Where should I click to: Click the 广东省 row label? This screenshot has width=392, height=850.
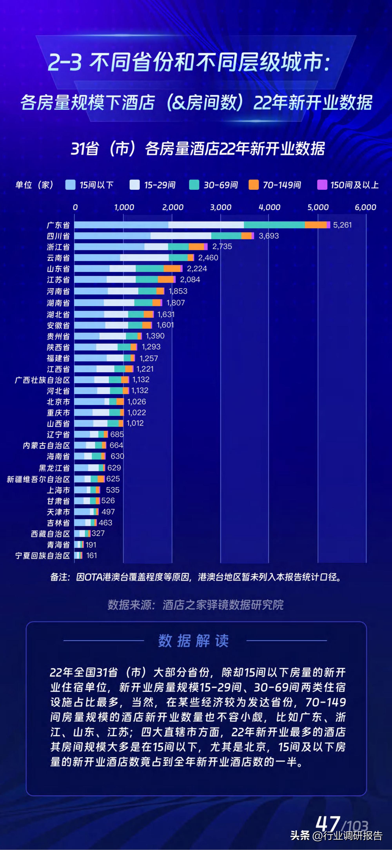click(58, 225)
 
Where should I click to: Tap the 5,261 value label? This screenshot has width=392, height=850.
click(342, 225)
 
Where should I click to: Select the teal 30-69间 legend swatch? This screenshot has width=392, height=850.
click(194, 185)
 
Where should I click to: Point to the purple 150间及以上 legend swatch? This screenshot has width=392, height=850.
click(322, 185)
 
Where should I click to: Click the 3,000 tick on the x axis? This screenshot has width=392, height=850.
click(221, 207)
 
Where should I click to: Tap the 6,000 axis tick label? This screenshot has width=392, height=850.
click(365, 207)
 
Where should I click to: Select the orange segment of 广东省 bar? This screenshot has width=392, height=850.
click(316, 225)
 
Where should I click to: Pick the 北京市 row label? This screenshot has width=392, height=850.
click(58, 402)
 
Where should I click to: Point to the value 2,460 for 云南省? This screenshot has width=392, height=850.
click(208, 258)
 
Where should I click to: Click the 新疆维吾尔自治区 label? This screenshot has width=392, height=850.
click(39, 479)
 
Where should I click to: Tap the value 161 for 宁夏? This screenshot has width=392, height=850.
click(92, 555)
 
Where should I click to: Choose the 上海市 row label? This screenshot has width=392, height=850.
click(58, 490)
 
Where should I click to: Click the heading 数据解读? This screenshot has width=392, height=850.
click(193, 641)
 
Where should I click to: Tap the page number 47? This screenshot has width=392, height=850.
click(328, 824)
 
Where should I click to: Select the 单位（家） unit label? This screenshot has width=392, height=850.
click(34, 185)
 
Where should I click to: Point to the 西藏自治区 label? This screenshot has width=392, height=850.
click(50, 534)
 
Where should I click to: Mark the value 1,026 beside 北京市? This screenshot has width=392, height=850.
click(137, 402)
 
